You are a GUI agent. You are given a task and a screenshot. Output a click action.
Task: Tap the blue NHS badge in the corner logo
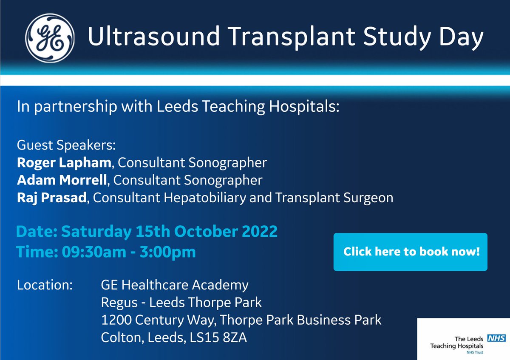click(496, 338)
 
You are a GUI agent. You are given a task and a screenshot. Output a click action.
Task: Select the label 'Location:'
click(45, 284)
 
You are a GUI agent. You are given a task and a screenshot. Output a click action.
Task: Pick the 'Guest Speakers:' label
click(66, 145)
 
